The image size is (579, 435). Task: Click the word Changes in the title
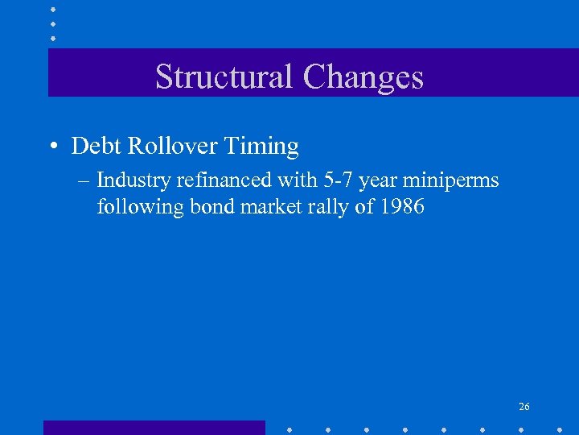363,77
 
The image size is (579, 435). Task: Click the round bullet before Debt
52,147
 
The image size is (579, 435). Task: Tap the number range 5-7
336,180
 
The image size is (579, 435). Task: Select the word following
141,207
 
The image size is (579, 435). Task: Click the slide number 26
524,407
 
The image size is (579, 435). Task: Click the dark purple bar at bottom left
154,427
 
